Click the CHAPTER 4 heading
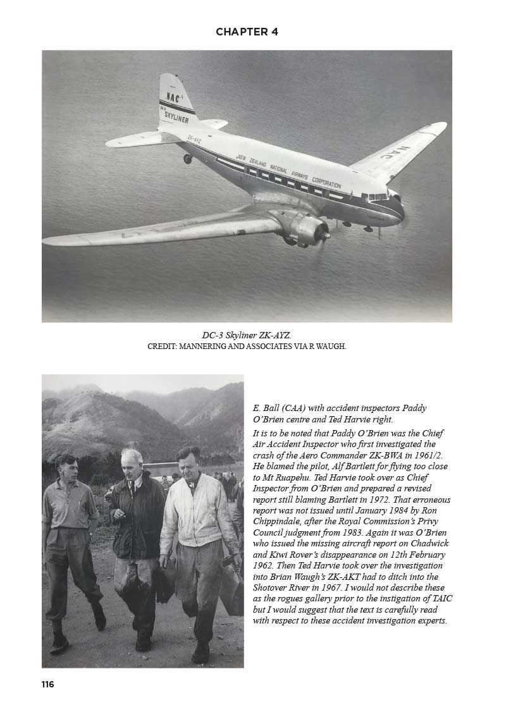[247, 32]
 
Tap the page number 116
[48, 684]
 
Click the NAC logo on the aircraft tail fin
[173, 97]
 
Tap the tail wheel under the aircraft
[188, 159]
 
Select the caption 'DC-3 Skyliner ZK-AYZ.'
[246, 335]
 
